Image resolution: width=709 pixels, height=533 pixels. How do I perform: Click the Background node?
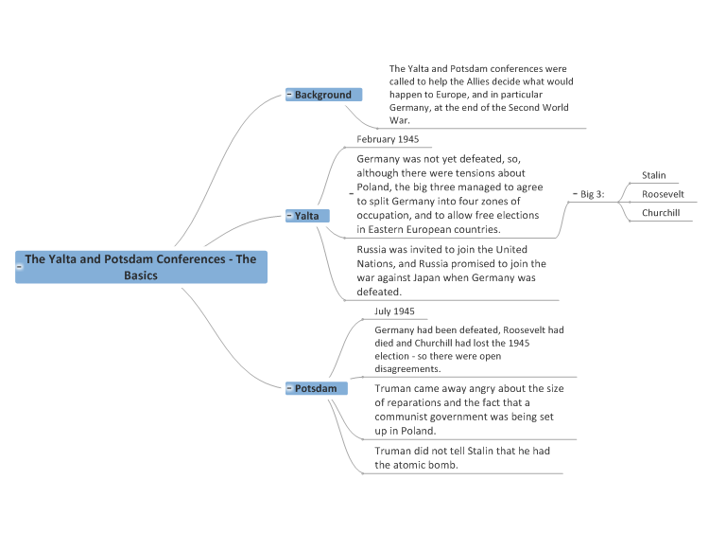(323, 95)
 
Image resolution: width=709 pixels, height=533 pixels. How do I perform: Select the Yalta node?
(307, 216)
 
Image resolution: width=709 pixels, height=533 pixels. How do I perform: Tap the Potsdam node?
(316, 388)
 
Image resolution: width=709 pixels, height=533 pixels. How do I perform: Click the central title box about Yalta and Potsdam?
(141, 267)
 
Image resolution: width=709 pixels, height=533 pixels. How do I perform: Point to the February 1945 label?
(388, 139)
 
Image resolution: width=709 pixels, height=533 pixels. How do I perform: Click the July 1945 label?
(394, 311)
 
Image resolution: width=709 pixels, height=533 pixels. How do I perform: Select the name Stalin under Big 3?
(654, 175)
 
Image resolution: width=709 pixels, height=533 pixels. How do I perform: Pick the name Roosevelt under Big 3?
(663, 194)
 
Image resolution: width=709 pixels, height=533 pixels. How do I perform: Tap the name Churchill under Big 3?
(661, 213)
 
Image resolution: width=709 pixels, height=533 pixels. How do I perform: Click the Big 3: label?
(593, 194)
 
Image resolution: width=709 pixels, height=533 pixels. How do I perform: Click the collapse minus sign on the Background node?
(289, 94)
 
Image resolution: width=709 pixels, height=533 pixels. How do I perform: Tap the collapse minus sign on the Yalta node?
(289, 216)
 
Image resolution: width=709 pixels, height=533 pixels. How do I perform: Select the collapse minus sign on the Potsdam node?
(289, 388)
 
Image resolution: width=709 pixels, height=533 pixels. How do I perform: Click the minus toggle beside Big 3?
(575, 194)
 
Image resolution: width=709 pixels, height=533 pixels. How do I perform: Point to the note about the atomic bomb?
(462, 458)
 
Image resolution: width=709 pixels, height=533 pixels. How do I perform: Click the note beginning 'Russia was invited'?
(451, 271)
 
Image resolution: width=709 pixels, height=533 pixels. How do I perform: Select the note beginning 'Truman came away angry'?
(469, 409)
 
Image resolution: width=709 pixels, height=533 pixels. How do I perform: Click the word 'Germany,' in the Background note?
(410, 107)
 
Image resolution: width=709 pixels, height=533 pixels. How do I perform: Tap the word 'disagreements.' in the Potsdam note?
(407, 368)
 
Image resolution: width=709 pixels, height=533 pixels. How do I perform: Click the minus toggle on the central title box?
(20, 267)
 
